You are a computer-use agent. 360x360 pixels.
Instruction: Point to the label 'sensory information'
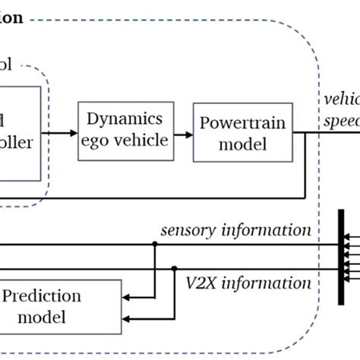(235, 230)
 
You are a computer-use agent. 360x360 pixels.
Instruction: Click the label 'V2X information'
(248, 283)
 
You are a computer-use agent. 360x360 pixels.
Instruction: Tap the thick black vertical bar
(342, 257)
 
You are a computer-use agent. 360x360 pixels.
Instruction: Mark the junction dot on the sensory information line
(155, 245)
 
